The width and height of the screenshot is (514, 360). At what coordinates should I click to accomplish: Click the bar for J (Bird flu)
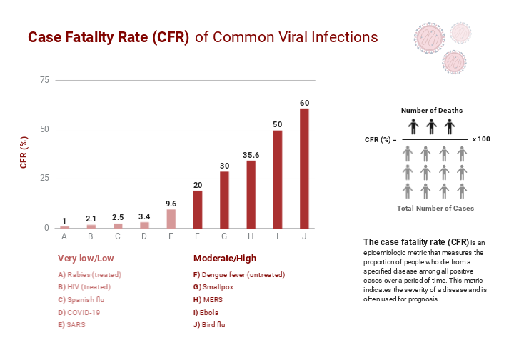point(304,169)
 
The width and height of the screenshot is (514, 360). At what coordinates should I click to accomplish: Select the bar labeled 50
point(278,179)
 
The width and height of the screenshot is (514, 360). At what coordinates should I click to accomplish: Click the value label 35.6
point(251,154)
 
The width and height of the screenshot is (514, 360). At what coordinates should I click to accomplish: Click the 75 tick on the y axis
point(44,80)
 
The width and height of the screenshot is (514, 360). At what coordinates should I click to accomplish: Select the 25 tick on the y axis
point(44,178)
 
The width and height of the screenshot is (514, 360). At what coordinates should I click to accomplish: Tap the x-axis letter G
point(224,236)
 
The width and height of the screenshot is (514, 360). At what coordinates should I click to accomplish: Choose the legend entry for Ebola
point(206,312)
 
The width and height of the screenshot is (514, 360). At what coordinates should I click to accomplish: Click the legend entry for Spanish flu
point(81,299)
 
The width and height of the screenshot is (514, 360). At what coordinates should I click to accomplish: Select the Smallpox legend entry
point(213,286)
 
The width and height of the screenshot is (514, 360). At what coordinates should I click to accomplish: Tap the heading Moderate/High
point(224,259)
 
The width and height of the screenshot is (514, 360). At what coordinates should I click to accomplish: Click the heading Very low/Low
point(86,259)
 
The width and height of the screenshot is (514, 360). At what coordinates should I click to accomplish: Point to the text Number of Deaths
point(431,111)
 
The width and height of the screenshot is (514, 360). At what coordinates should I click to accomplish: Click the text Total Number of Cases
point(435,209)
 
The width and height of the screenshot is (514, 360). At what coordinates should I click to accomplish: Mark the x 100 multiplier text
point(481,139)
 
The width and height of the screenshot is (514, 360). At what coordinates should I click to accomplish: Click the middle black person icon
point(431,126)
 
